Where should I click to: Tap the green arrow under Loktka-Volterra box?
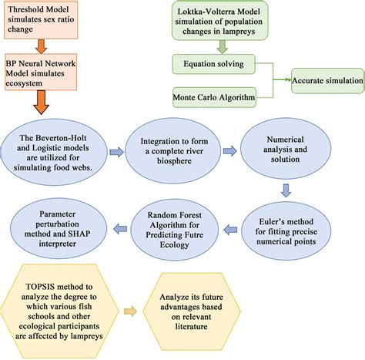[x=221, y=45]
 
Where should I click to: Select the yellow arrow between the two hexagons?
[x=151, y=311]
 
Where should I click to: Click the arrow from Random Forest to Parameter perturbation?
[x=121, y=226]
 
